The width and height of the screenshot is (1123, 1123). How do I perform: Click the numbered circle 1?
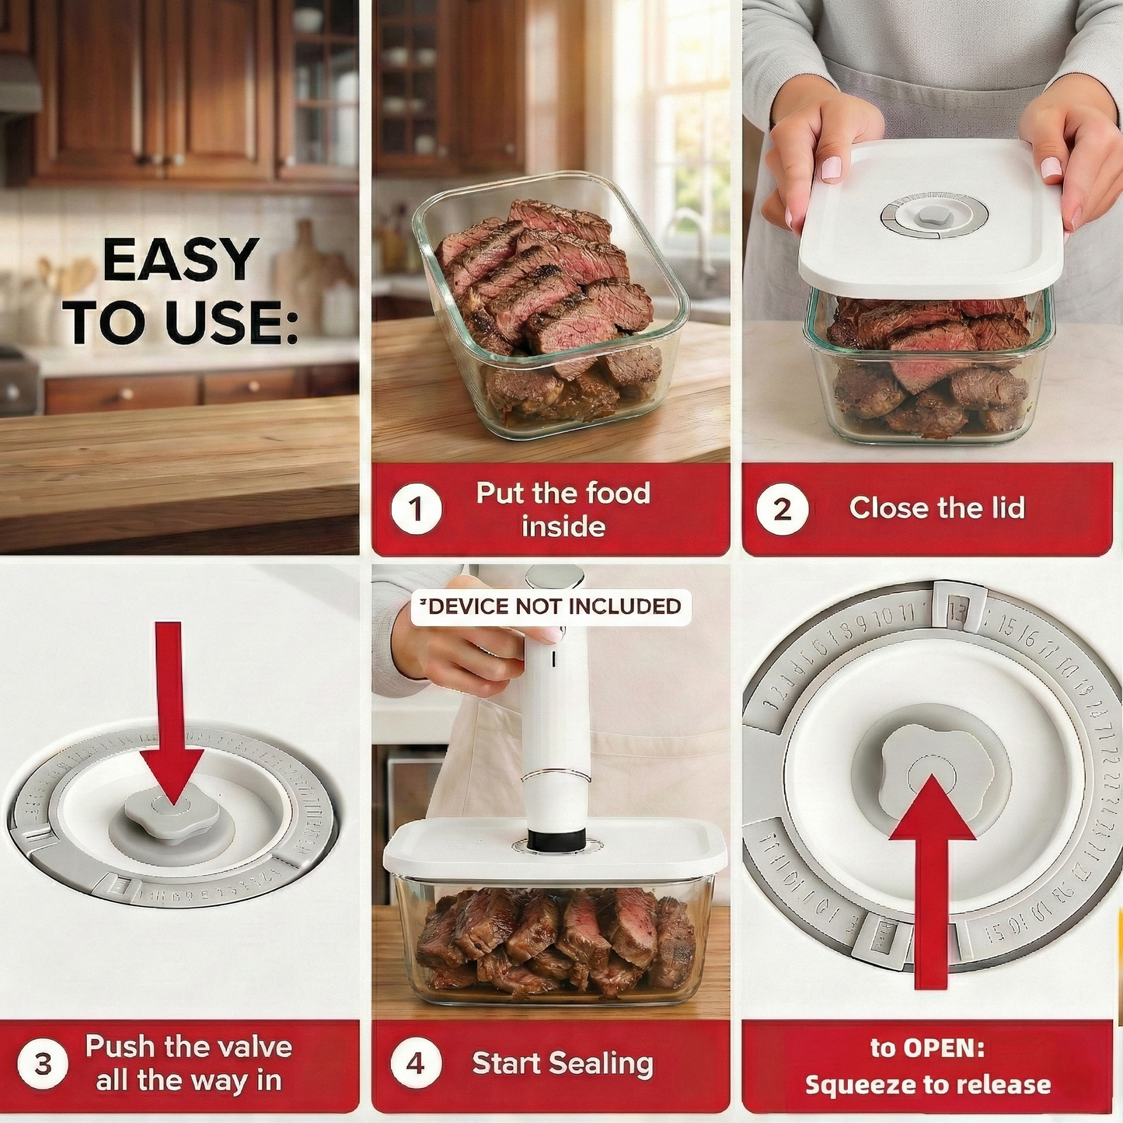(x=416, y=510)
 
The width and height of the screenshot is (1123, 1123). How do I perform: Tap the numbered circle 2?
(x=782, y=510)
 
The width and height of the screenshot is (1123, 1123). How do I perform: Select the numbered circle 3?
(x=44, y=1063)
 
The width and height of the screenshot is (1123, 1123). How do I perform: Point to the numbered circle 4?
(x=416, y=1063)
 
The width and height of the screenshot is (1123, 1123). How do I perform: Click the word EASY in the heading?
(x=180, y=260)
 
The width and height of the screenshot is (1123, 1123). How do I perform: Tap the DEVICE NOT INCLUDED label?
(x=551, y=606)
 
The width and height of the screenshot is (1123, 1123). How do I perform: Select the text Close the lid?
(x=936, y=508)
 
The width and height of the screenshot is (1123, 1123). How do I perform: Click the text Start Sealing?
(x=563, y=1063)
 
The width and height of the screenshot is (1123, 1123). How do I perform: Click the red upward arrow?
(x=931, y=878)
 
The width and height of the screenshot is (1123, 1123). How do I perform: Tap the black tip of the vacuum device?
(x=556, y=839)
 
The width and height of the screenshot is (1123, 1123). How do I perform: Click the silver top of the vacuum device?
(x=554, y=577)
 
